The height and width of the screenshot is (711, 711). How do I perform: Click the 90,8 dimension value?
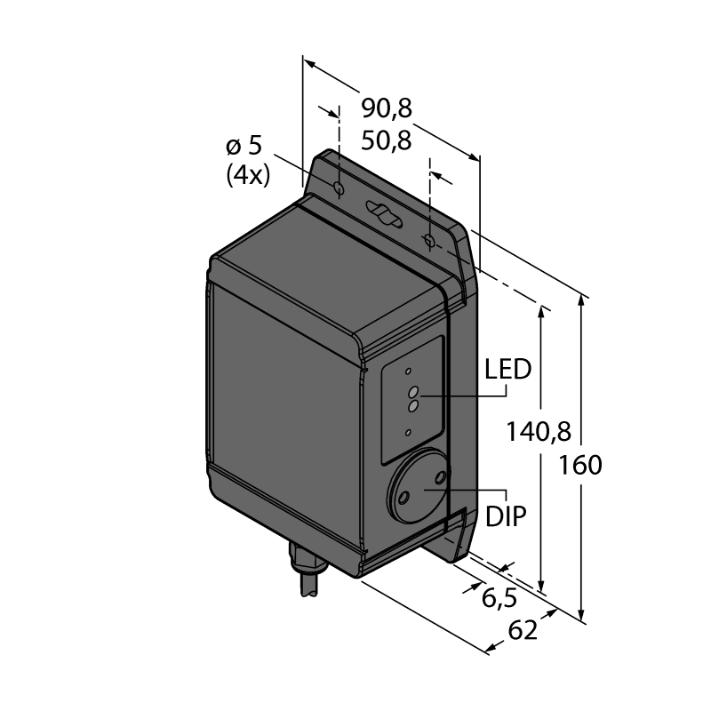pyautogui.click(x=387, y=109)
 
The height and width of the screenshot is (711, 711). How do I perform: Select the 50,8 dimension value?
pyautogui.click(x=387, y=141)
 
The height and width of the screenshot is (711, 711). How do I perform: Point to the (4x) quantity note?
pyautogui.click(x=248, y=174)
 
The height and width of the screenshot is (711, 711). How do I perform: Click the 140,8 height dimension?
pyautogui.click(x=539, y=432)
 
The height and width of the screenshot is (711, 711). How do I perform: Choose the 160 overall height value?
pyautogui.click(x=580, y=465)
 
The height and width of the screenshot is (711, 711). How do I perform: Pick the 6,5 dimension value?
pyautogui.click(x=499, y=598)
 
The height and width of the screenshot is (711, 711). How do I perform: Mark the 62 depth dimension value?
pyautogui.click(x=523, y=630)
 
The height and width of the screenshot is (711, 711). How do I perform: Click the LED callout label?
pyautogui.click(x=507, y=369)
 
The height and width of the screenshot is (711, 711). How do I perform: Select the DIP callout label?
pyautogui.click(x=506, y=516)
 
